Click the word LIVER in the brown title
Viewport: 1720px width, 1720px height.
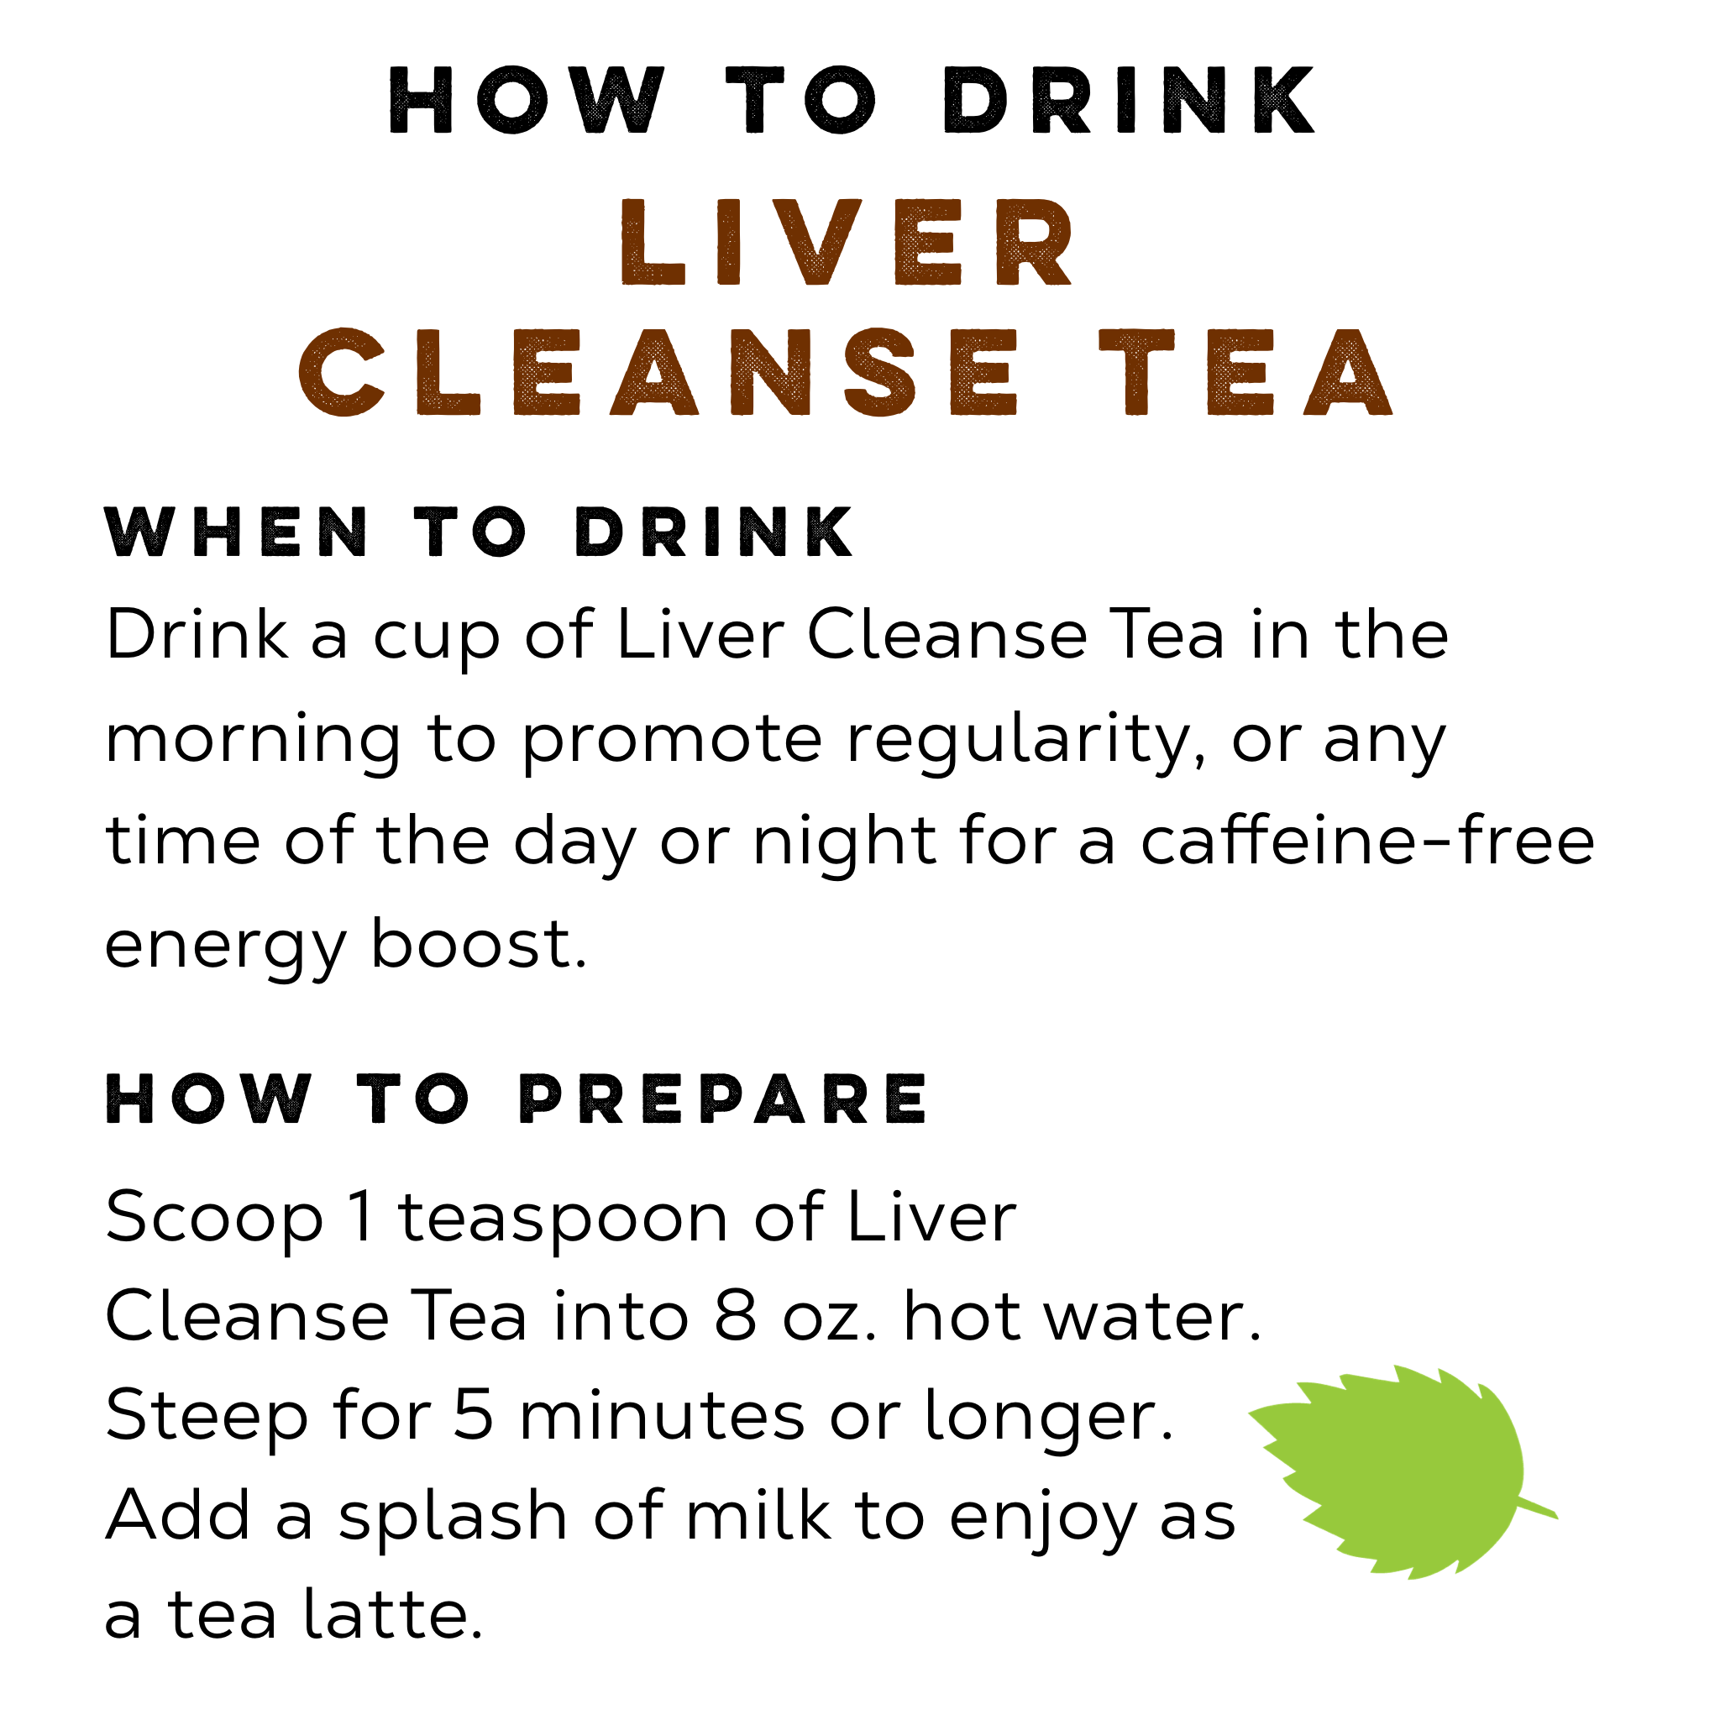(x=847, y=241)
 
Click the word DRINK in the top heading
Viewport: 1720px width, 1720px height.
(x=1129, y=101)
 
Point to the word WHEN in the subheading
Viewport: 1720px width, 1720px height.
(x=236, y=532)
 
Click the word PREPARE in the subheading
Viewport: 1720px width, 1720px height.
(x=723, y=1099)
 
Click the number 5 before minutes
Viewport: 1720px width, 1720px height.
(x=474, y=1414)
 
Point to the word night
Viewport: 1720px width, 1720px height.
(x=844, y=842)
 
